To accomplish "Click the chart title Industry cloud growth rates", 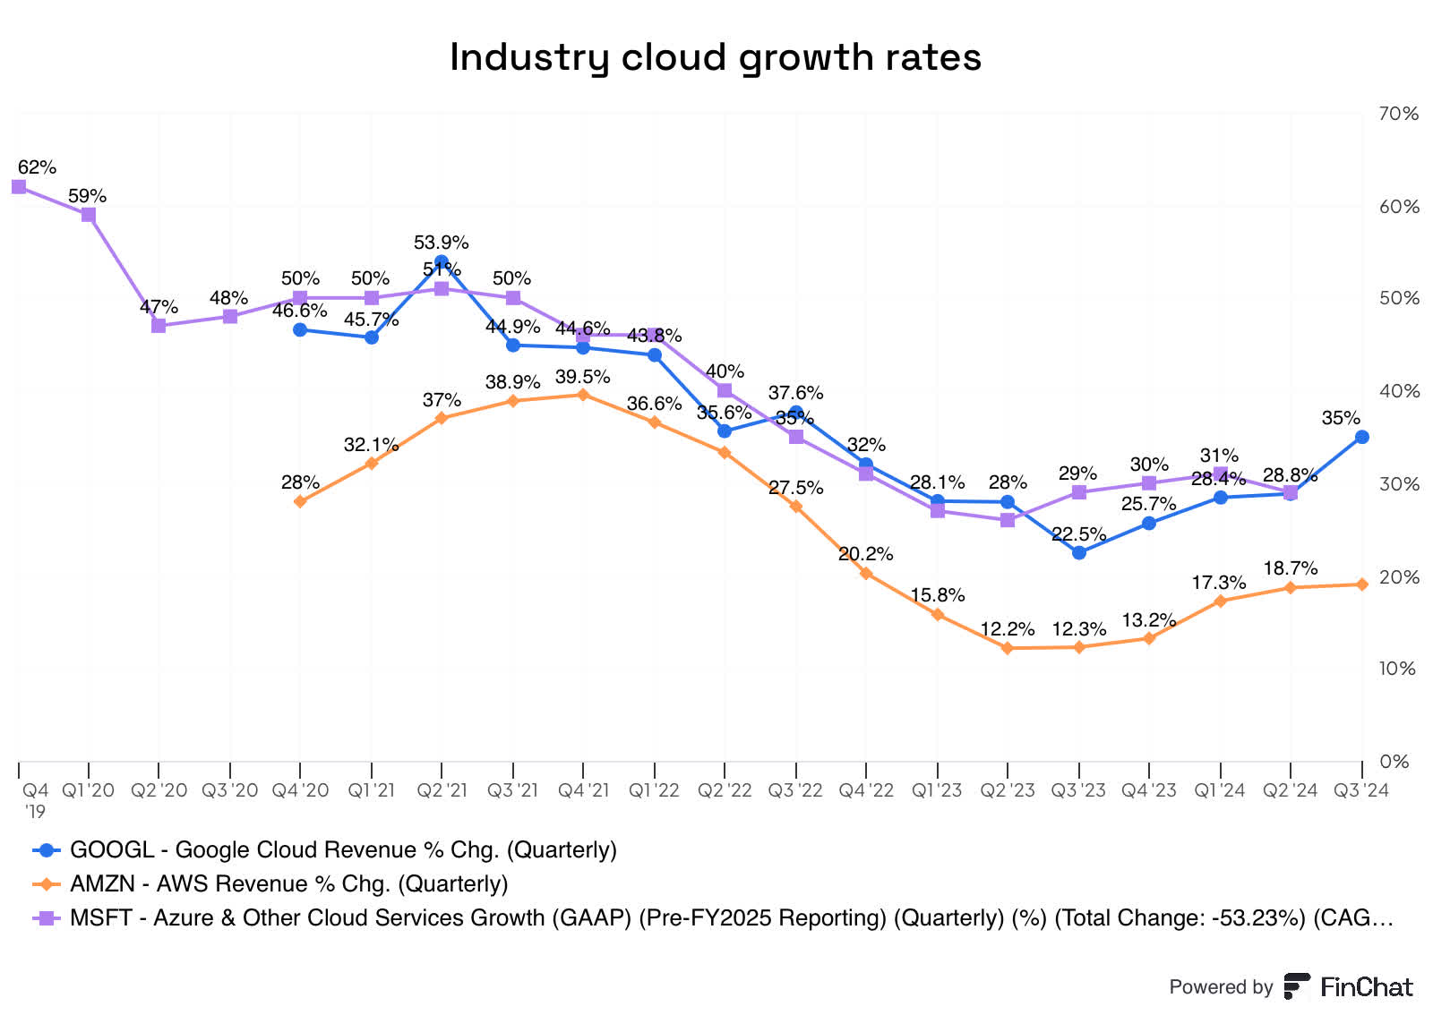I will coord(715,57).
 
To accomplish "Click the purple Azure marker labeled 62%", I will coord(19,186).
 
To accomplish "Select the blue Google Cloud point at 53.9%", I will coord(442,262).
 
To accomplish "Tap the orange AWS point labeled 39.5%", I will coord(583,395).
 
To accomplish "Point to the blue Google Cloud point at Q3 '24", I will coord(1361,437).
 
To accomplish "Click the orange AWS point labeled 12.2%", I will coord(1008,648).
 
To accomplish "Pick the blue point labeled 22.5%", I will coord(1079,553).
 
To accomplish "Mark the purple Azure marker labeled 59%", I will coord(89,215).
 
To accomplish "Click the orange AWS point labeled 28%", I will coord(300,501).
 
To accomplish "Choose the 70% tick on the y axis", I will coord(1399,114).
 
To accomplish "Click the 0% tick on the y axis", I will coord(1394,762).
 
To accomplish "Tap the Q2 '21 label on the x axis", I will coord(442,790).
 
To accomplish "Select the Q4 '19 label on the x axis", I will coord(35,800).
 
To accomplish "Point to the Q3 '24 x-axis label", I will coord(1361,790).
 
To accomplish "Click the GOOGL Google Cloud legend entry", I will coord(343,849).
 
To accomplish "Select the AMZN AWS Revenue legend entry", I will coord(288,883).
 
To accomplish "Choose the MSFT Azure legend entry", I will coord(731,917).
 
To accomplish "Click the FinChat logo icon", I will coord(1297,986).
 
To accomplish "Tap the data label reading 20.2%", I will coord(865,554).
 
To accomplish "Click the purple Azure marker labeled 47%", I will coord(159,326).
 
